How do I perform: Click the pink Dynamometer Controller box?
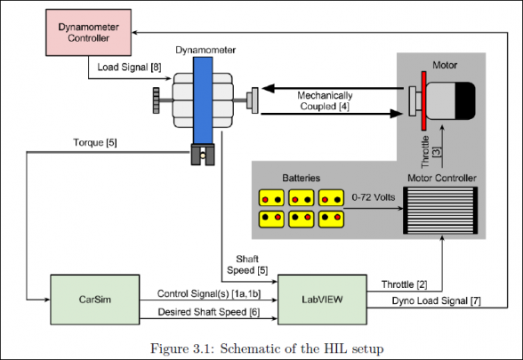88,32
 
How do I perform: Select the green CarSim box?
95,300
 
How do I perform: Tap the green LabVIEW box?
322,300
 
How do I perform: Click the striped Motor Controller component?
440,211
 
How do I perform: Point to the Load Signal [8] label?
129,68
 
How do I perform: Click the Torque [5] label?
95,142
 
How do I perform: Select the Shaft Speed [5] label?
247,265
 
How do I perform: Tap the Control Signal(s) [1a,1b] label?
209,293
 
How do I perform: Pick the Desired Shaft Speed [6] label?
209,312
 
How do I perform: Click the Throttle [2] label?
404,284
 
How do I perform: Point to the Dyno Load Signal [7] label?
436,300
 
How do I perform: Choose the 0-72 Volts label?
374,197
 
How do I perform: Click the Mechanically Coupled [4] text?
325,100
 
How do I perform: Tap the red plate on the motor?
423,100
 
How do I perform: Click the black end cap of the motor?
465,100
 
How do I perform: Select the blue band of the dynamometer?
203,100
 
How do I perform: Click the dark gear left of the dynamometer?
156,100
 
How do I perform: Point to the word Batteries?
302,178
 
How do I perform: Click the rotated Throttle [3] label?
430,152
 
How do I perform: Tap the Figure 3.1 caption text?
267,348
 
